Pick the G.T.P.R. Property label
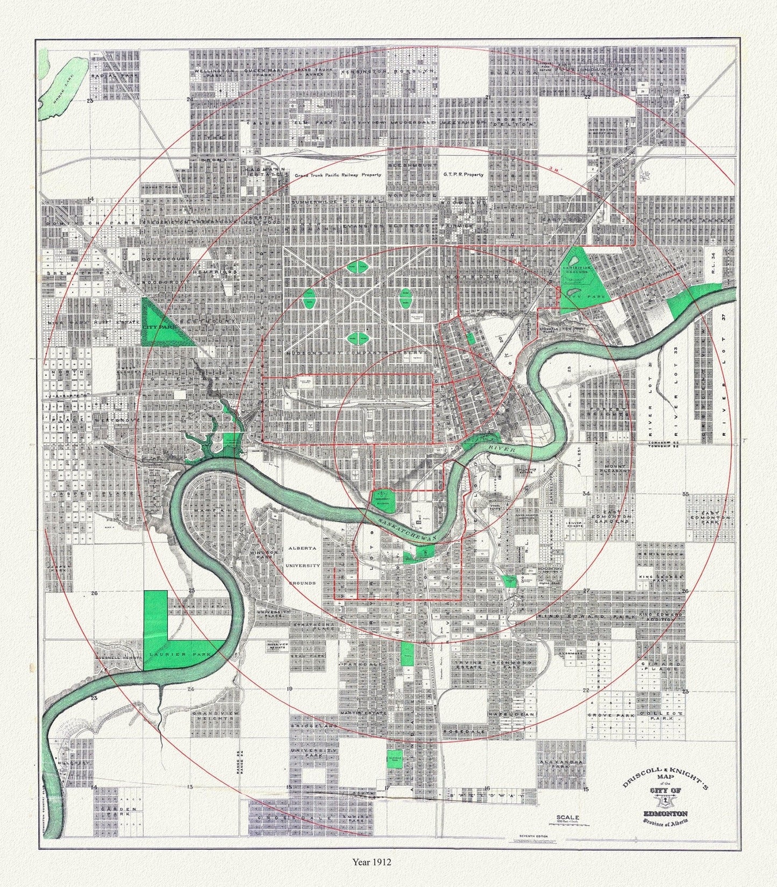pos(464,174)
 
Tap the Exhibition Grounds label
pos(576,269)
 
